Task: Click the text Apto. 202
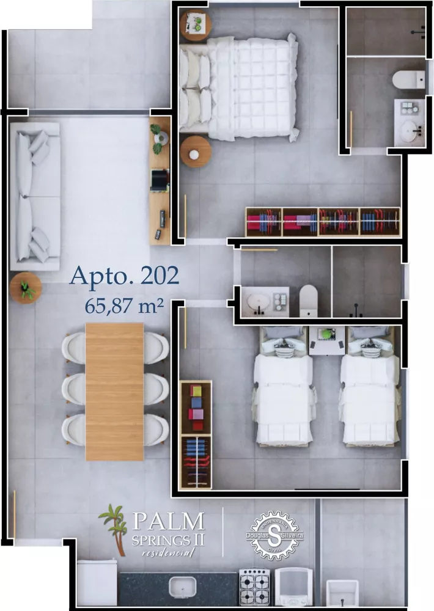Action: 124,276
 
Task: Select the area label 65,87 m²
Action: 124,305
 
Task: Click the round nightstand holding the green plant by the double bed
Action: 196,24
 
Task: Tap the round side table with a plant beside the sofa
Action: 26,288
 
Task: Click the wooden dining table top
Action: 114,391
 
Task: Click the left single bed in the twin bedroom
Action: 284,391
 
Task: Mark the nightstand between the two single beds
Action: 326,340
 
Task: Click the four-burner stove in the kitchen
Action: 254,587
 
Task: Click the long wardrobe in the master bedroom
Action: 322,222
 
